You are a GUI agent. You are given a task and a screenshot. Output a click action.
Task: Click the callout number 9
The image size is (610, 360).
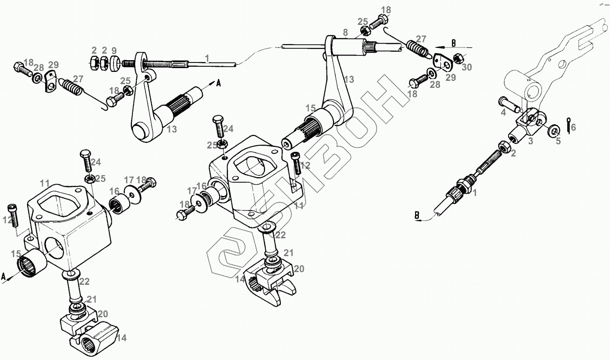point(114,50)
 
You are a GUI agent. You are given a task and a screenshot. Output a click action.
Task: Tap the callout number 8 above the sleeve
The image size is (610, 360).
point(345,32)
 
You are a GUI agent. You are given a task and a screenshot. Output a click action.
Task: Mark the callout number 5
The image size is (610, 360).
point(558,141)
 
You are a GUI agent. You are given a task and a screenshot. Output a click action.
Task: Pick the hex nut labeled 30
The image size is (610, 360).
point(460,58)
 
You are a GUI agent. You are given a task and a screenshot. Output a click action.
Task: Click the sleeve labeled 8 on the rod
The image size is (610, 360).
point(347,47)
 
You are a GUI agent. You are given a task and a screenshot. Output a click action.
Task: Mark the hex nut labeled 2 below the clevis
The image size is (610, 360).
point(505,146)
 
